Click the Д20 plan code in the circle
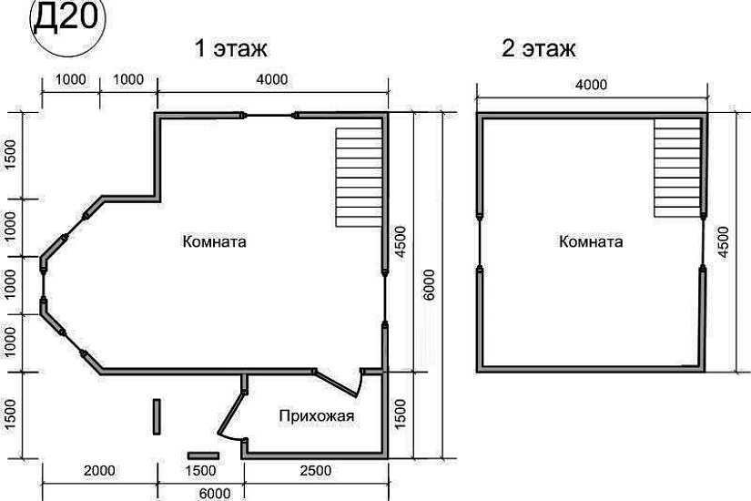coord(67,19)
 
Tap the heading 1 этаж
coord(231,48)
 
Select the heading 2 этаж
coord(539,48)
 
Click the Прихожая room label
coord(317,415)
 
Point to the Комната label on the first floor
coord(215,241)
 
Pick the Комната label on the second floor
coord(591,241)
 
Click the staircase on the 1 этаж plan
coord(359,177)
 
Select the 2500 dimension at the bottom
coord(316,471)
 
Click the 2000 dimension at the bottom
coord(99,471)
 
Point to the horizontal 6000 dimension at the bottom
coord(214,494)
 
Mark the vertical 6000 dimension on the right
coord(429,285)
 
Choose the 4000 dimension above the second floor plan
coord(591,85)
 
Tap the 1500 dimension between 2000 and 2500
coord(200,471)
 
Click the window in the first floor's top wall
coord(269,115)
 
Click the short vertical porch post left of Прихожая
coord(157,416)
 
